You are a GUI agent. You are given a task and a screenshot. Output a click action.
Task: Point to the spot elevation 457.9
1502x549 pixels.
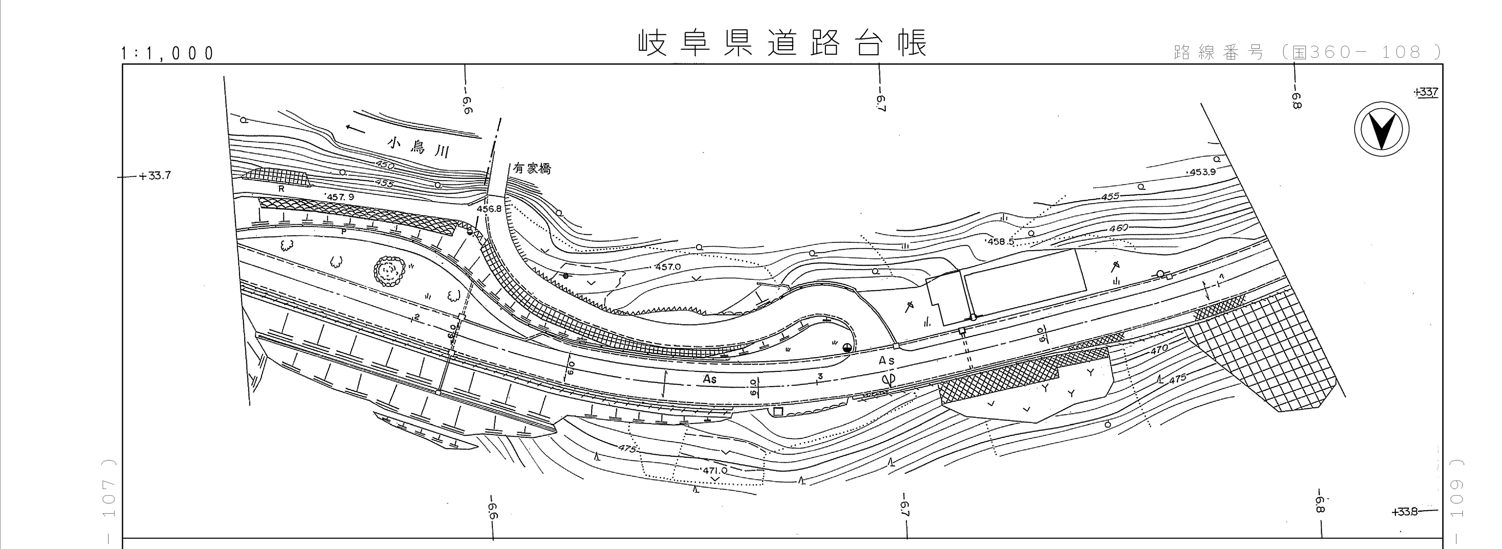[341, 197]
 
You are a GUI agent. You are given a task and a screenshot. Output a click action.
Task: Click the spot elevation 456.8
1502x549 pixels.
[489, 208]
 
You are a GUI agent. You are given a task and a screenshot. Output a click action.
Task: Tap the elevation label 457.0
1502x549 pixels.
[668, 267]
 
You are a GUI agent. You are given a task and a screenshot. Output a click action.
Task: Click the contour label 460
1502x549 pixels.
[1118, 228]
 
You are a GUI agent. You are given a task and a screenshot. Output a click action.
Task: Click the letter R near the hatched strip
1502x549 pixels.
[281, 189]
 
